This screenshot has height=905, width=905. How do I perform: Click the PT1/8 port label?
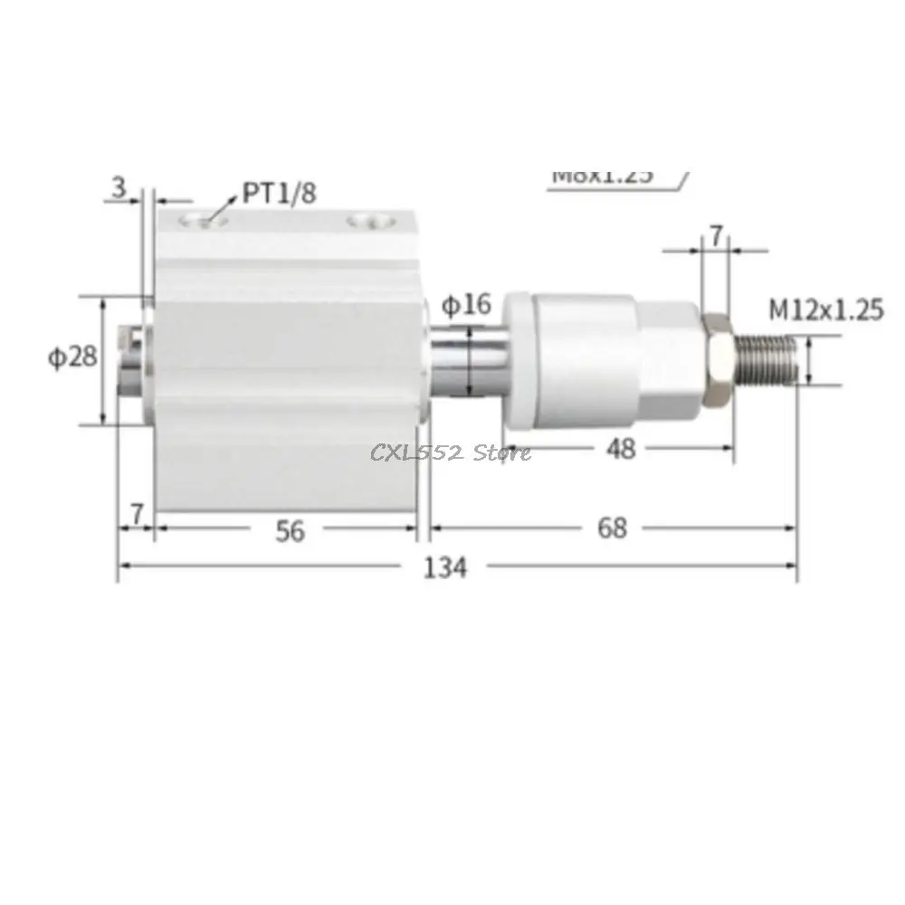[279, 193]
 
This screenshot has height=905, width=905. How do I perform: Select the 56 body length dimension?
[290, 531]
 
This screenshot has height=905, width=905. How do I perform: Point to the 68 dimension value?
[613, 528]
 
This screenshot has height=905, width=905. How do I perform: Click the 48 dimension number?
[621, 448]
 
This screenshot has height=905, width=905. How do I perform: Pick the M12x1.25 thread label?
[825, 310]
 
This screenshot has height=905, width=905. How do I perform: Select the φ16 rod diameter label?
[466, 305]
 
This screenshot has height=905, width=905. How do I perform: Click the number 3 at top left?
[118, 187]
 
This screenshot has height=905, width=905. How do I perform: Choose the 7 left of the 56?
[137, 513]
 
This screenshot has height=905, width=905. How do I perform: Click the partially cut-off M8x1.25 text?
[602, 175]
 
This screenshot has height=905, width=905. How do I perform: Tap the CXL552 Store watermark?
[451, 451]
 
